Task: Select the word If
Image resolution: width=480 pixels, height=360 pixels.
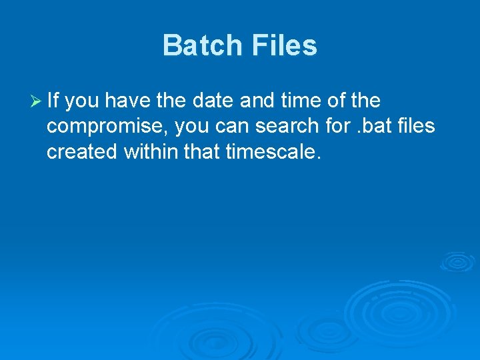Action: (x=53, y=101)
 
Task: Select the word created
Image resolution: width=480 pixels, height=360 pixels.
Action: (x=83, y=153)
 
